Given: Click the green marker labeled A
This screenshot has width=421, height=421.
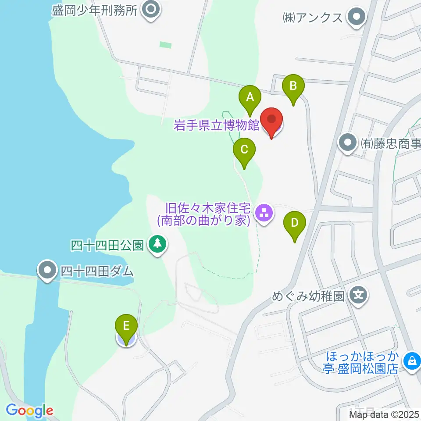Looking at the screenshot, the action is click(x=250, y=97).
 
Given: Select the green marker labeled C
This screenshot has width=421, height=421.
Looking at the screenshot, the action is click(x=244, y=150).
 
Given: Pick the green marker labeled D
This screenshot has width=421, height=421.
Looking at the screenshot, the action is click(x=295, y=223).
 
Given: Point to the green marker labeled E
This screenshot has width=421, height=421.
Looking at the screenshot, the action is click(x=126, y=327).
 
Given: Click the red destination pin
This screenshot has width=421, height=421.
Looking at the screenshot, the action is click(x=272, y=120).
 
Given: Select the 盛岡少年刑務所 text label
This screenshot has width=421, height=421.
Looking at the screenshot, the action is click(x=95, y=10).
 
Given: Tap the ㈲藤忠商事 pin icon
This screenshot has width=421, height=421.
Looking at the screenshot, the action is click(x=348, y=143).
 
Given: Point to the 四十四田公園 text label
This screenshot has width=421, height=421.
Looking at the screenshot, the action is click(x=107, y=245).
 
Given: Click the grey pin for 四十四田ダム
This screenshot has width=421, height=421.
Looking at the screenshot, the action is click(x=47, y=271).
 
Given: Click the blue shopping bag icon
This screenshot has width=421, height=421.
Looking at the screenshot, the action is click(x=411, y=361).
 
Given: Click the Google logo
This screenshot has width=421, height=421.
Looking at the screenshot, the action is click(x=29, y=411).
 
